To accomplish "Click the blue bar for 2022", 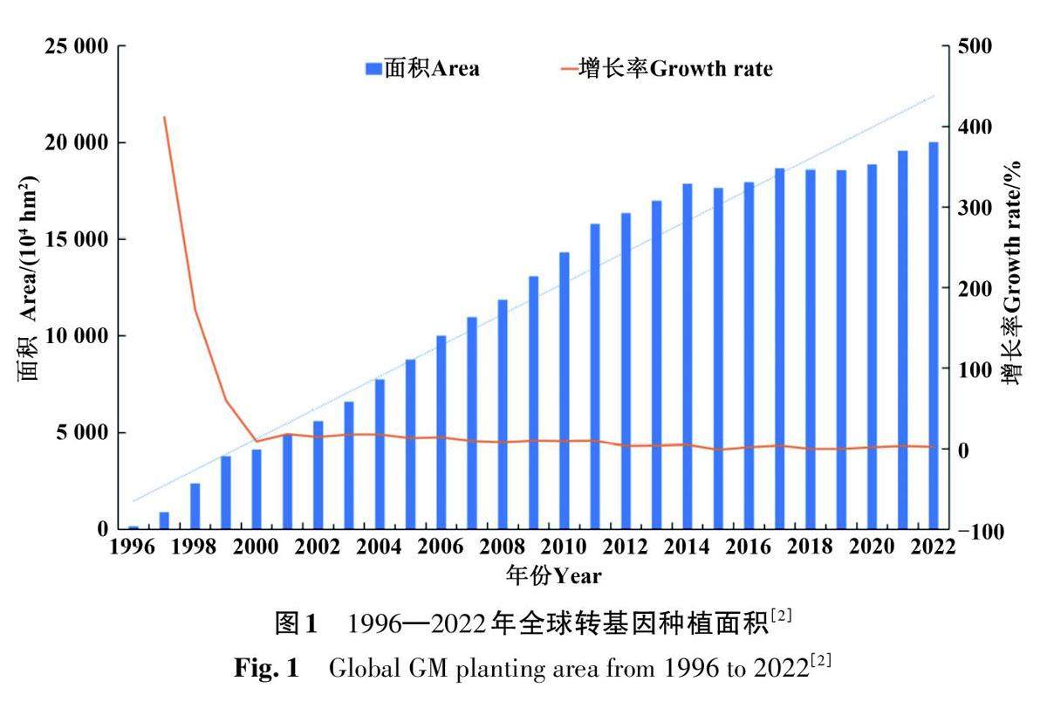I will [934, 335].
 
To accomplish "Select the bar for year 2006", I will [441, 432].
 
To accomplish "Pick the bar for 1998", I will [195, 506].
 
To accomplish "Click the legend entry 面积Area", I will [422, 68].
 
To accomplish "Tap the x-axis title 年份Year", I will [553, 575].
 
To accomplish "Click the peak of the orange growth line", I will [164, 117].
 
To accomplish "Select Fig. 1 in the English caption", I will [267, 671].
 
